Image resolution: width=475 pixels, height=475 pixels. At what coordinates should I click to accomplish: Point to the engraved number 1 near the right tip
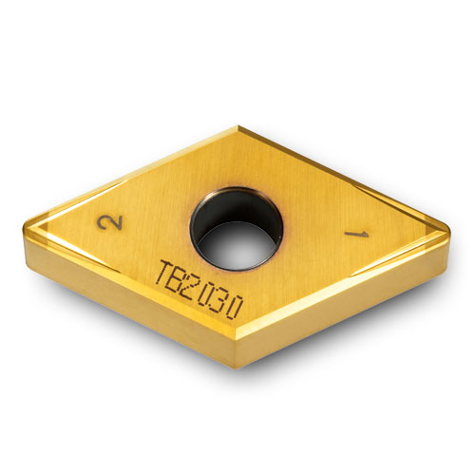358,233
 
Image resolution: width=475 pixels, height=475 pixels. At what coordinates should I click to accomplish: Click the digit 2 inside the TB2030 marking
195,288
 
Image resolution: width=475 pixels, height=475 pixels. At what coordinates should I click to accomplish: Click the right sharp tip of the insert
448,228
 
